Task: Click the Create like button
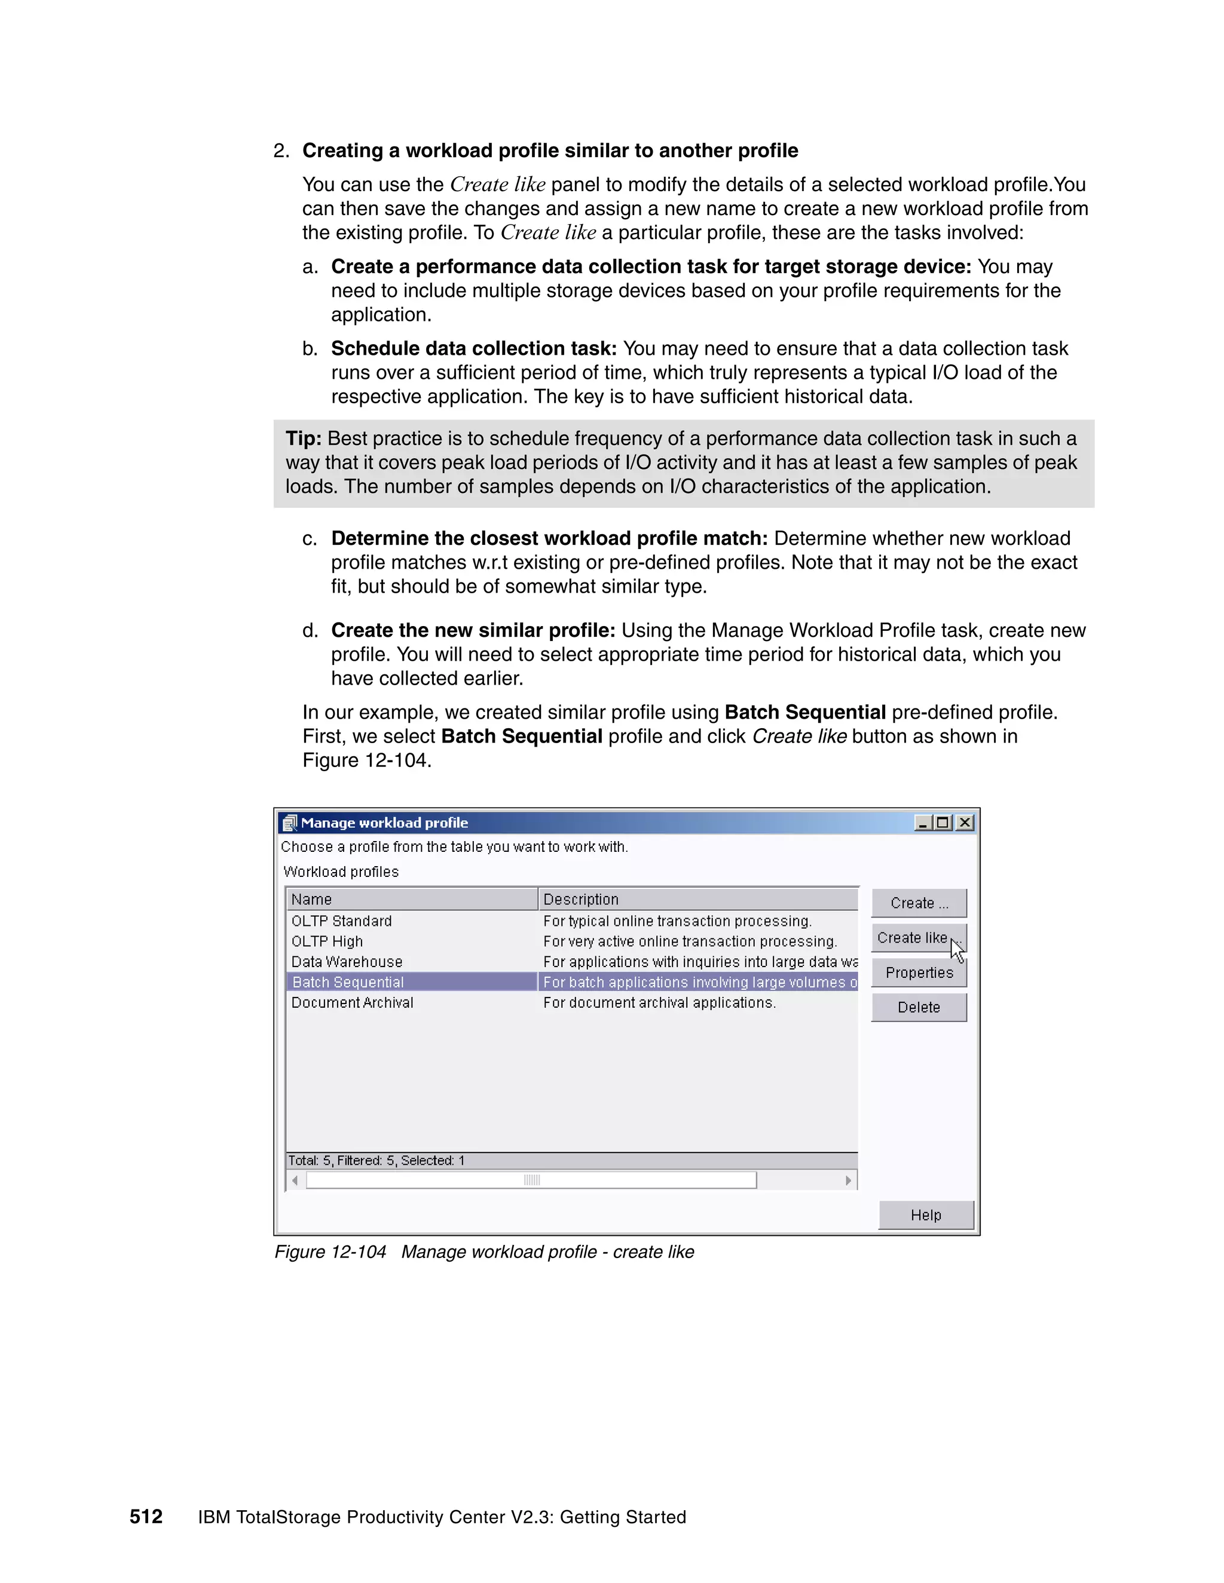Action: pyautogui.click(x=912, y=938)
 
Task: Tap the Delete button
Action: pyautogui.click(x=919, y=1008)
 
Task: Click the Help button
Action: pyautogui.click(x=926, y=1216)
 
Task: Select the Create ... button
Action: pyautogui.click(x=919, y=903)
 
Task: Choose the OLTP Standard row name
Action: pyautogui.click(x=341, y=921)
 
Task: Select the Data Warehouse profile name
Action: pyautogui.click(x=347, y=962)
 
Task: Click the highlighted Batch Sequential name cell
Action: pyautogui.click(x=348, y=982)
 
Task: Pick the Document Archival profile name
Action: pyautogui.click(x=353, y=1002)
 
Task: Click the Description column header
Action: pyautogui.click(x=581, y=900)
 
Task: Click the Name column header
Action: pyautogui.click(x=312, y=900)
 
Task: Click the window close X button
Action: pyautogui.click(x=965, y=823)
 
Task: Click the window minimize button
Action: pyautogui.click(x=922, y=823)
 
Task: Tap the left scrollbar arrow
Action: pyautogui.click(x=295, y=1181)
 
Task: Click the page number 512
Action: pyautogui.click(x=146, y=1517)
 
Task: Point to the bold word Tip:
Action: pyautogui.click(x=303, y=438)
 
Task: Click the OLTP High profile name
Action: pyautogui.click(x=327, y=941)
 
